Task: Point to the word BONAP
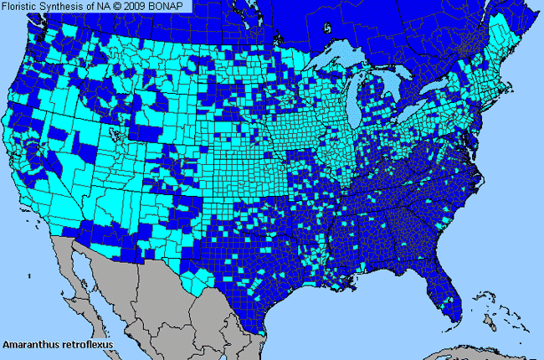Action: click(177, 7)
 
